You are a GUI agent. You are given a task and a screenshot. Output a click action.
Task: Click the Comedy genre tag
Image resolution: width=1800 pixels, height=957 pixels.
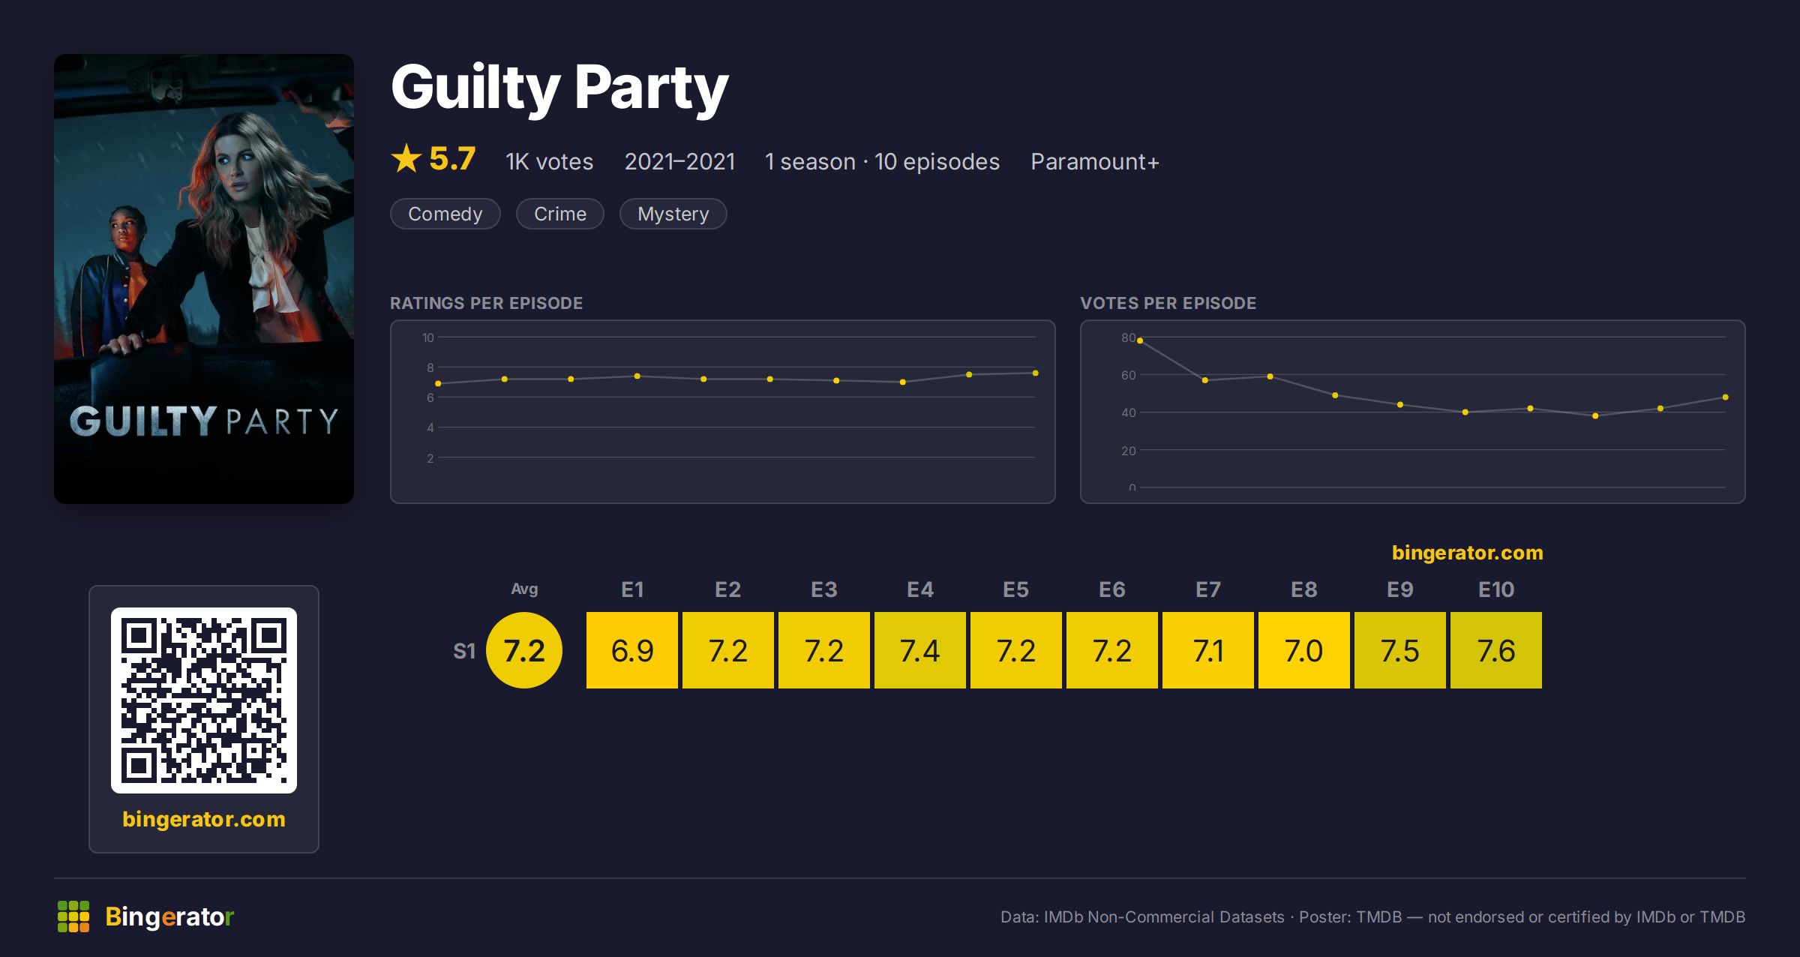click(x=445, y=214)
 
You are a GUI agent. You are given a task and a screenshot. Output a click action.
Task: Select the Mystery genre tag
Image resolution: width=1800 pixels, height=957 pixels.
click(x=673, y=214)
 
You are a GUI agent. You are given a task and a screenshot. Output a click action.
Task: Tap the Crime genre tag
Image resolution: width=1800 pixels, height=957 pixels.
click(x=559, y=214)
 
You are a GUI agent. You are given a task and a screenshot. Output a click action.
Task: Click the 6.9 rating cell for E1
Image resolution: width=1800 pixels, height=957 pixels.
click(x=632, y=650)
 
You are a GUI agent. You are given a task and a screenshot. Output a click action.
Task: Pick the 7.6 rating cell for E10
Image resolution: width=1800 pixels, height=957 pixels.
click(x=1496, y=650)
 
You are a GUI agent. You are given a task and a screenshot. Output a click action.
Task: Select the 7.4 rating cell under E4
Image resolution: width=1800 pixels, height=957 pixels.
click(x=920, y=650)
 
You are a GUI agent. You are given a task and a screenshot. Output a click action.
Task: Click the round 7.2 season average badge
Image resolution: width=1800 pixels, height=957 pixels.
click(x=524, y=650)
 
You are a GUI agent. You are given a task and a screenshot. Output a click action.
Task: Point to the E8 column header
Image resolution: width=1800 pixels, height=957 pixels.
click(x=1304, y=589)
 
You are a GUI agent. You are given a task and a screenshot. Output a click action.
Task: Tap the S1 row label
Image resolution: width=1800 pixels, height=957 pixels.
click(x=464, y=651)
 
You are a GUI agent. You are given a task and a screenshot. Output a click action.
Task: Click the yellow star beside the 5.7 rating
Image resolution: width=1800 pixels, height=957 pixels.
click(x=406, y=158)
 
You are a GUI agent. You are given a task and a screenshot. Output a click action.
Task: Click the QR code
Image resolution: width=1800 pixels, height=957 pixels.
click(x=204, y=700)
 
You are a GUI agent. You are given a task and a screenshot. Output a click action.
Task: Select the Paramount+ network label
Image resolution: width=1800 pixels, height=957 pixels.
click(x=1094, y=162)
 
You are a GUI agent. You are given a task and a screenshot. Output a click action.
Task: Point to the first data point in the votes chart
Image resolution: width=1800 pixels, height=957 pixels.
click(x=1140, y=340)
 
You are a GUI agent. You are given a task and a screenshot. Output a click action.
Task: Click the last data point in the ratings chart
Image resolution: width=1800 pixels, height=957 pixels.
click(x=1036, y=373)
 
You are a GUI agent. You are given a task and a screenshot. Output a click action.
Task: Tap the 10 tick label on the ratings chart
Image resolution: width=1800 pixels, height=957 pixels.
click(x=427, y=337)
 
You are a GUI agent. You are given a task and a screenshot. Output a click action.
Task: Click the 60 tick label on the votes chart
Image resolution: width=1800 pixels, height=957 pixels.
click(x=1128, y=375)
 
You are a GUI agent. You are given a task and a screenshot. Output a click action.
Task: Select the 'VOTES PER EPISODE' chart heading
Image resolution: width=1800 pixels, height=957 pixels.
click(x=1168, y=303)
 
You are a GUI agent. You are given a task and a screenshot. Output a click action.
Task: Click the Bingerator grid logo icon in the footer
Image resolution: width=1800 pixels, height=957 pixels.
click(x=73, y=916)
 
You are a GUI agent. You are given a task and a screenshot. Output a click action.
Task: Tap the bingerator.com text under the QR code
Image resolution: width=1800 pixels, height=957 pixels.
click(x=204, y=819)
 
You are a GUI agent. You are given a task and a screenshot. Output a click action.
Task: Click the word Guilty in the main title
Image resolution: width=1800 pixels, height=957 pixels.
click(x=475, y=88)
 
